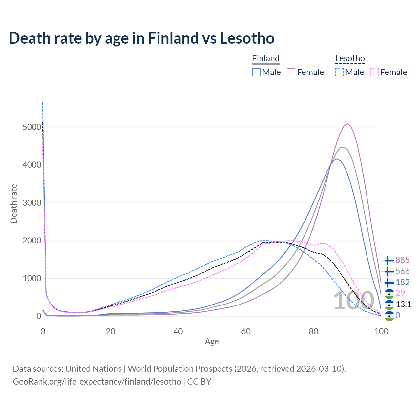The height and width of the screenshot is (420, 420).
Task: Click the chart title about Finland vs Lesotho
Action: (141, 38)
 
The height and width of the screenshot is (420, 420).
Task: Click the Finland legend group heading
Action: (266, 58)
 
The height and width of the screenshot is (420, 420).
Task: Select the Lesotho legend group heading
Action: (350, 58)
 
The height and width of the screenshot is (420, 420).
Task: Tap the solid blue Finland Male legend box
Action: (256, 72)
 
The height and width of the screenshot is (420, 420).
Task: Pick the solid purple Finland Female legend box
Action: (291, 72)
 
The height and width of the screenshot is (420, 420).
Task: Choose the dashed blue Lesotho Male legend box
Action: (339, 72)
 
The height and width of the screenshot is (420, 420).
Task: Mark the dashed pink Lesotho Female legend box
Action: (374, 72)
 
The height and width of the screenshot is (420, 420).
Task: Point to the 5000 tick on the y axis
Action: (32, 127)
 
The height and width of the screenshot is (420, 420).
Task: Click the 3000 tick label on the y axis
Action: (32, 203)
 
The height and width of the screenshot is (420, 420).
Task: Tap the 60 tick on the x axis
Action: (246, 331)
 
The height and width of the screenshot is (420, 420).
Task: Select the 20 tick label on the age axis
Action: (111, 331)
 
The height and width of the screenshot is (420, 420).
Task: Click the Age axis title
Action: (212, 342)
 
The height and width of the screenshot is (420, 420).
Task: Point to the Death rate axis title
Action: (14, 203)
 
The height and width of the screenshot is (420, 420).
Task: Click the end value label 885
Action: (403, 260)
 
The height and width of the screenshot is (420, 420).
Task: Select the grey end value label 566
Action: (403, 271)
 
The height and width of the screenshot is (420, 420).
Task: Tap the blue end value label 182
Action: (403, 282)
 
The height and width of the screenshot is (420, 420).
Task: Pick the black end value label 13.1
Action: (403, 304)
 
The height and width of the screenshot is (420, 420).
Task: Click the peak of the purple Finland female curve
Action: (347, 124)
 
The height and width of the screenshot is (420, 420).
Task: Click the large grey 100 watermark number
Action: (354, 301)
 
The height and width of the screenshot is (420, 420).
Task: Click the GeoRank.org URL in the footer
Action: (97, 382)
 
